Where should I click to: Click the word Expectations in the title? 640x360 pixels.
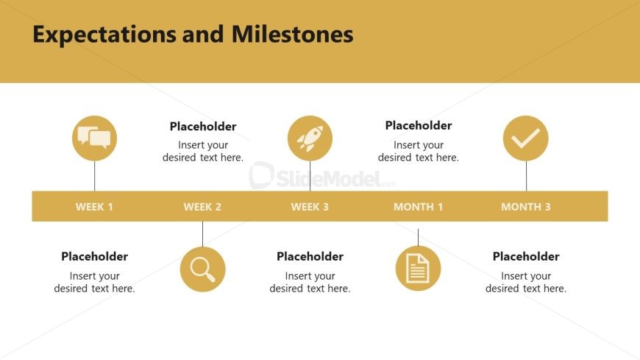(104, 35)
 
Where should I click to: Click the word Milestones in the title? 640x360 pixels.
(292, 34)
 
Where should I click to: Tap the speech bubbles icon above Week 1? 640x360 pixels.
(94, 138)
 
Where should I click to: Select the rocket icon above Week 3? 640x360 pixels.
(310, 138)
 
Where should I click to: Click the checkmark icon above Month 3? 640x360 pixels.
(526, 138)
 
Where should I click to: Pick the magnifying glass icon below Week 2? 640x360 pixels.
(202, 269)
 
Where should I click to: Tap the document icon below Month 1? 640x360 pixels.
(418, 269)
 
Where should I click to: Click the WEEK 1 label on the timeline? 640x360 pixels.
(94, 207)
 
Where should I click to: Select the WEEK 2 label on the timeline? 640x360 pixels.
(202, 207)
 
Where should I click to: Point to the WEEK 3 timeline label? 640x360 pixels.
(310, 207)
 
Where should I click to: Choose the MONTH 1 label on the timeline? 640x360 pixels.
(418, 207)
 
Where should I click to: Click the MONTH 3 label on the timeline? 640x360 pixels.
(526, 207)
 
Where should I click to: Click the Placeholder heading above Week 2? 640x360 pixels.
(203, 127)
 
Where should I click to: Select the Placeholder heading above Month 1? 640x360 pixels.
(419, 125)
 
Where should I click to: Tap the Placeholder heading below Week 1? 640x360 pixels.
(94, 256)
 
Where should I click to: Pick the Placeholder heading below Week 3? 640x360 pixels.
(310, 256)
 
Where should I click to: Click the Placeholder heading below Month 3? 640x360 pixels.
(526, 256)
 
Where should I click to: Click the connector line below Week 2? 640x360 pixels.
(202, 234)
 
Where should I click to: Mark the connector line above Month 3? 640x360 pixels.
(526, 176)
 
